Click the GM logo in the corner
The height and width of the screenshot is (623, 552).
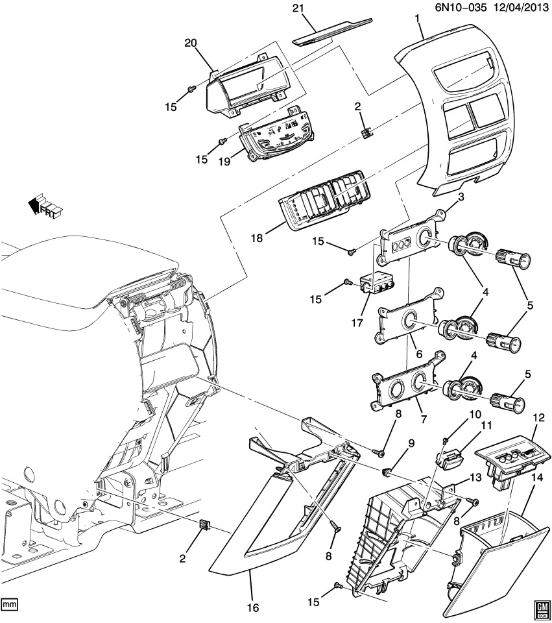[541, 606]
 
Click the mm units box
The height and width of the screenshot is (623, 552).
[9, 604]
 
